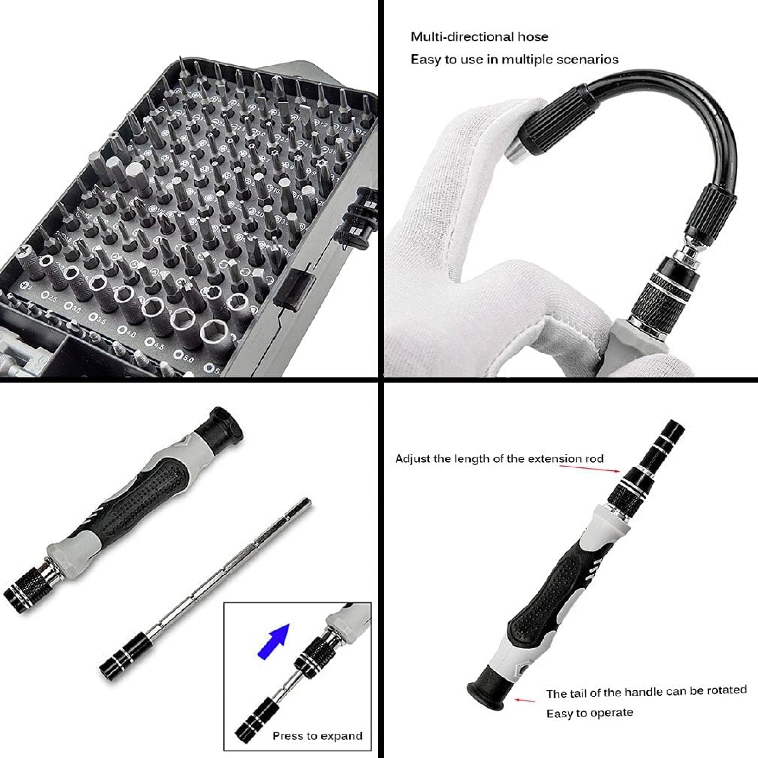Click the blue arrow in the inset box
coord(274,642)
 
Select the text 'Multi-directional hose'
coord(479,37)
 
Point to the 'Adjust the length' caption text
coord(499,458)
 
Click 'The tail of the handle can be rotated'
coord(646,692)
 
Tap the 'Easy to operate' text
coord(590,713)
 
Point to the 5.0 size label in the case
coord(184,357)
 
